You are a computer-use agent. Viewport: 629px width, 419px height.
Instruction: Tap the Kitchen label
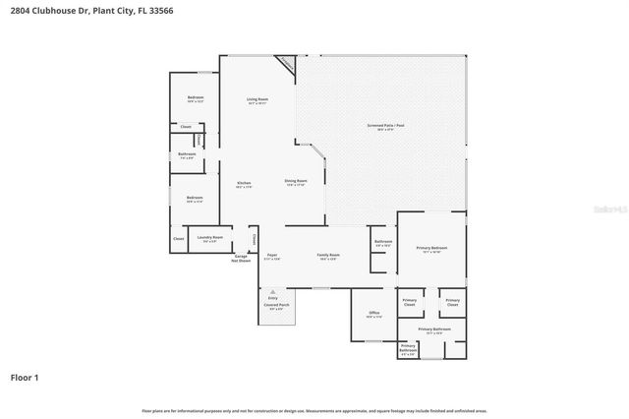245,183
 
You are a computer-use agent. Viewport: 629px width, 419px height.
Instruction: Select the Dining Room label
296,182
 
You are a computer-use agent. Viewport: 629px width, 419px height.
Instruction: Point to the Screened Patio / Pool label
379,127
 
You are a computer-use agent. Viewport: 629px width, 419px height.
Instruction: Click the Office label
373,315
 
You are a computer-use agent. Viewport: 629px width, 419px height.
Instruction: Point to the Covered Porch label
276,306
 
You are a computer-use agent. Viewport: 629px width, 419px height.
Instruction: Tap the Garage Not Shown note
241,259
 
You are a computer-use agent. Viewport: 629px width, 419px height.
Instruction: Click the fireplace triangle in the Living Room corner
286,62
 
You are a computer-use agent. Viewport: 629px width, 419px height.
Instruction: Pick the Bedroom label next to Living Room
196,98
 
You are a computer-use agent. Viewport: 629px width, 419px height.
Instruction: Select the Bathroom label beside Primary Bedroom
383,242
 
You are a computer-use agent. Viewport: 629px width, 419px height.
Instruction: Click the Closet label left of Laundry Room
178,239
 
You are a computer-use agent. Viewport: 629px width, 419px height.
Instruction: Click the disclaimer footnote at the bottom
314,410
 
